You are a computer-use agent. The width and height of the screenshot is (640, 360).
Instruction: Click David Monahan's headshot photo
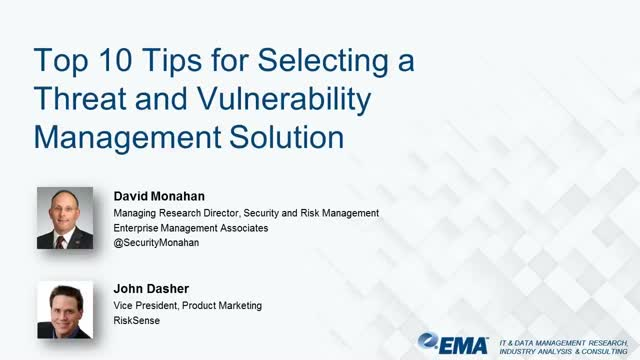click(65, 218)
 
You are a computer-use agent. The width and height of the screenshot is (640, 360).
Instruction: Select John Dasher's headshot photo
click(65, 310)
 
